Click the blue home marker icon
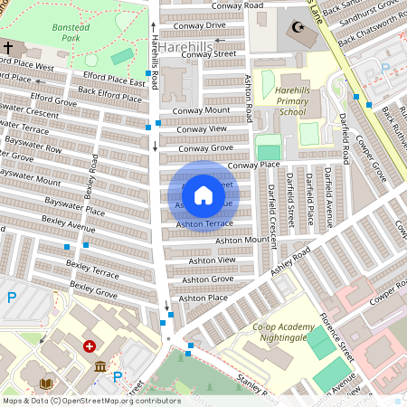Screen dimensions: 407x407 [x=203, y=194]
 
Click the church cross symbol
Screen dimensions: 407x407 [x=8, y=47]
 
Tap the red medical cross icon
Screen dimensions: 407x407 [x=90, y=346]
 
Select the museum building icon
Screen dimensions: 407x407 [x=99, y=366]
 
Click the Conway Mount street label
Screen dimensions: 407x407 [x=205, y=110]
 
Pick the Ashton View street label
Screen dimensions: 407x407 [x=213, y=260]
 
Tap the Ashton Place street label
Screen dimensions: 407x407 [x=203, y=298]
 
